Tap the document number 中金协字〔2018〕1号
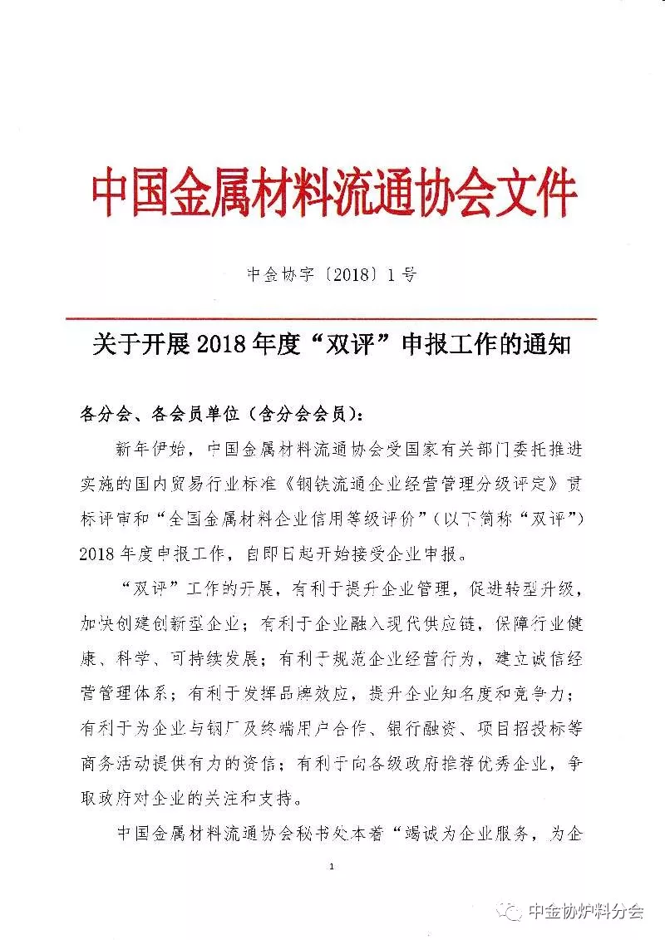click(332, 275)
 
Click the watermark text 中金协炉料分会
click(587, 912)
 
